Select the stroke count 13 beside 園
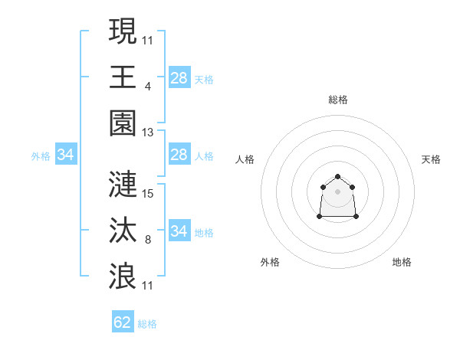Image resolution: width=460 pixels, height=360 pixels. coord(148,132)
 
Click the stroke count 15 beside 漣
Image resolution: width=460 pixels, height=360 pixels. coord(148,193)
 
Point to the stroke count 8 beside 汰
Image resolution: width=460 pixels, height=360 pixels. coord(147,240)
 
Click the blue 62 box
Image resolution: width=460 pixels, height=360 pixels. coord(123,322)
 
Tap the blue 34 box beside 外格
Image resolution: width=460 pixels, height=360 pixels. coord(66,155)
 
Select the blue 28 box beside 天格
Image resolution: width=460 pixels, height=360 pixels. coord(179,78)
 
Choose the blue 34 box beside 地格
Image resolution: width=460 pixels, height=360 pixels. coord(179,231)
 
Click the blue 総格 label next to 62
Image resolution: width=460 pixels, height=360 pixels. coord(147,324)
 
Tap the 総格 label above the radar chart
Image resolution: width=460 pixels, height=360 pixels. coord(337,100)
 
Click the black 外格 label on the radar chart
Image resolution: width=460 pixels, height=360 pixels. coord(270,262)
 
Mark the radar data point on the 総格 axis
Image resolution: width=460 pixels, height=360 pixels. coord(337,177)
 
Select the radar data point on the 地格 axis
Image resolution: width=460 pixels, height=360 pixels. coord(356,217)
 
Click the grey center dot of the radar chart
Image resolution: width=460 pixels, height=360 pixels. coord(337,191)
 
